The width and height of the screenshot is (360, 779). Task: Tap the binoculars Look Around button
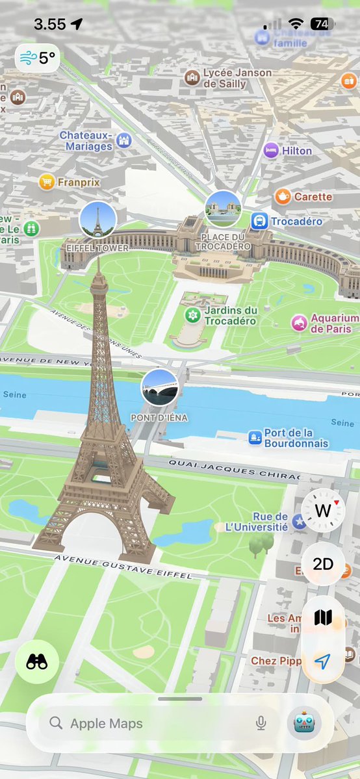click(37, 662)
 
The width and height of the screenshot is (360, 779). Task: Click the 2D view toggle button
click(323, 563)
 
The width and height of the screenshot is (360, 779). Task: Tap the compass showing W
click(323, 511)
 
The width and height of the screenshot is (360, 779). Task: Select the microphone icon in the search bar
click(261, 723)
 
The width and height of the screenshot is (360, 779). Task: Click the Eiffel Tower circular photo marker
click(97, 220)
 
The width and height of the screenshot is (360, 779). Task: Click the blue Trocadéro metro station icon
click(259, 222)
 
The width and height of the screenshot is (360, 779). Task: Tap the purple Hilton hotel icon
click(271, 151)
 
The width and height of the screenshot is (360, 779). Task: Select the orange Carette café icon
click(282, 196)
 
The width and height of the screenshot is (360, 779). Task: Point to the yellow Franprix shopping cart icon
click(46, 183)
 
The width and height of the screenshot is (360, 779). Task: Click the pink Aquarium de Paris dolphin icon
click(299, 323)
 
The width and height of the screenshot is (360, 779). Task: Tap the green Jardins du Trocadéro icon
click(192, 316)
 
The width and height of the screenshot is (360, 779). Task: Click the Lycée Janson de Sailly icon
click(192, 78)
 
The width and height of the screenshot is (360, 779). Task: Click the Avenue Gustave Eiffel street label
click(123, 567)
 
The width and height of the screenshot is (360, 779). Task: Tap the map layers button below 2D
click(323, 617)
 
